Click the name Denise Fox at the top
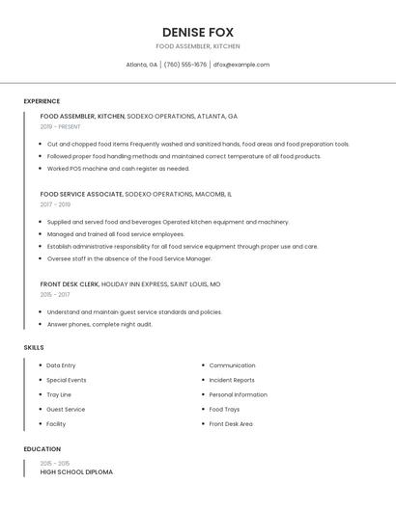(x=198, y=32)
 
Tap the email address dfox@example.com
(x=241, y=65)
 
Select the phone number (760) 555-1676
(x=184, y=65)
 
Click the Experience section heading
(x=42, y=101)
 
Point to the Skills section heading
(x=34, y=347)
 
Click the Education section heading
(x=42, y=449)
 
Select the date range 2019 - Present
(x=60, y=126)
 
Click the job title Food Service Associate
(x=81, y=194)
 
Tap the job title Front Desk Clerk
(x=69, y=284)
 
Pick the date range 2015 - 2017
(x=55, y=295)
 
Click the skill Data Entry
(x=61, y=365)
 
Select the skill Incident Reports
(x=232, y=380)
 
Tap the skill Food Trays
(x=224, y=409)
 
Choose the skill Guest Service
(x=66, y=409)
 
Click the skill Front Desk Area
(x=231, y=423)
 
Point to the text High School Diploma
(x=76, y=472)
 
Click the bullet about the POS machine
(x=118, y=168)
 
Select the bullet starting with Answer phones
(x=99, y=324)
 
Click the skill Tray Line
(x=59, y=394)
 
